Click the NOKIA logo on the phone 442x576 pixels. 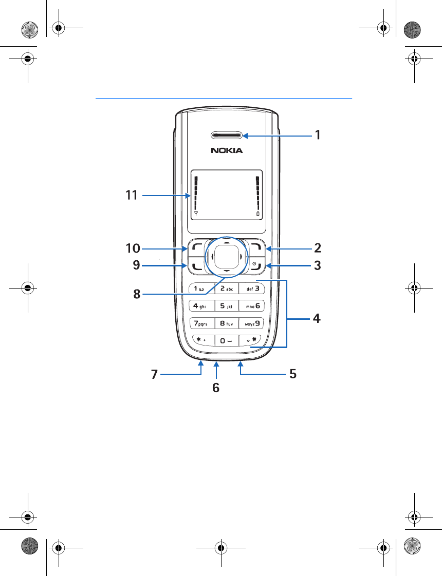pyautogui.click(x=227, y=150)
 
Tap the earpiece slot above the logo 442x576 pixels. pyautogui.click(x=227, y=136)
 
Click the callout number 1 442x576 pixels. pyautogui.click(x=318, y=135)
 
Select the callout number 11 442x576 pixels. pyautogui.click(x=132, y=195)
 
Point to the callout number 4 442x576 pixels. pyautogui.click(x=317, y=318)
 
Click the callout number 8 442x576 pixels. pyautogui.click(x=137, y=294)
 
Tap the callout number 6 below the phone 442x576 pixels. pyautogui.click(x=216, y=388)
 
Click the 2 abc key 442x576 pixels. pyautogui.click(x=227, y=289)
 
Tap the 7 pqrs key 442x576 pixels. pyautogui.click(x=201, y=323)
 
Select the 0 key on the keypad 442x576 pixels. pyautogui.click(x=227, y=340)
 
